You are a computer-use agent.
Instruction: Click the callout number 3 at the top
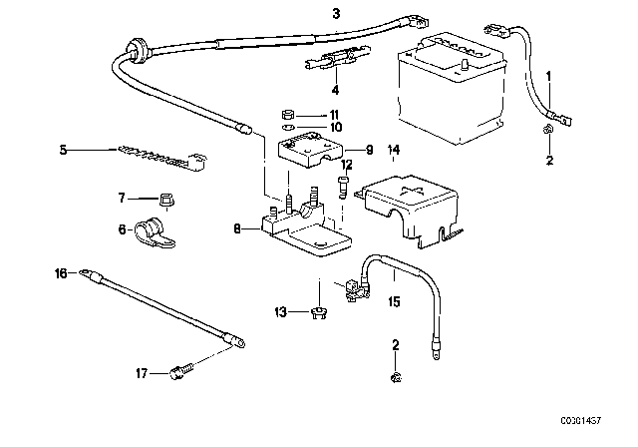pos(336,13)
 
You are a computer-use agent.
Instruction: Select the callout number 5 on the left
pos(64,151)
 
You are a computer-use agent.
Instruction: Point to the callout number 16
pos(61,272)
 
